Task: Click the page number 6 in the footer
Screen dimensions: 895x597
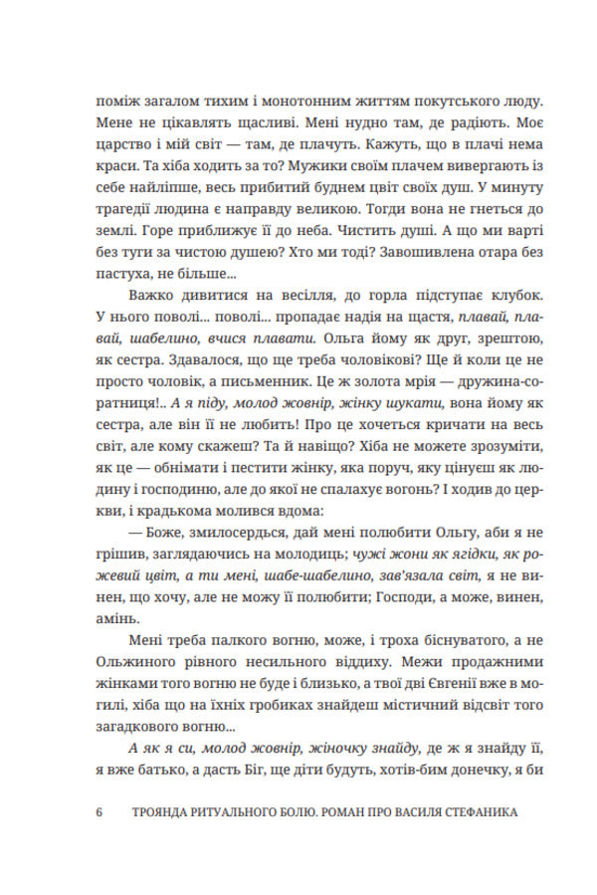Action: click(x=99, y=812)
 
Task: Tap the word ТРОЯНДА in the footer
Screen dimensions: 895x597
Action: click(x=162, y=812)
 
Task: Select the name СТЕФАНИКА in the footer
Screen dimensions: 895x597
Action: click(x=471, y=812)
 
